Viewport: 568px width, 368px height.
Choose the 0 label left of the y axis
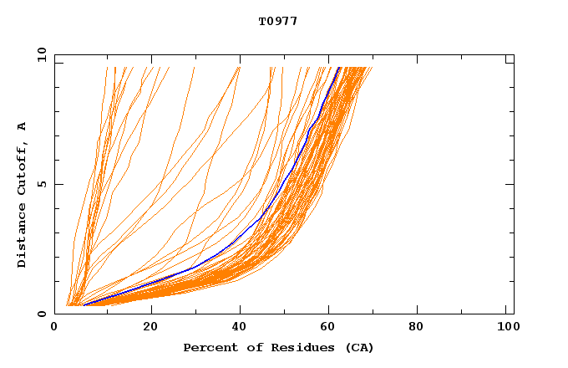pyautogui.click(x=42, y=314)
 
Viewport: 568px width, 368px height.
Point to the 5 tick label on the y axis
pyautogui.click(x=42, y=184)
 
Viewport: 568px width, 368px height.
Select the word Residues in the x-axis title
pyautogui.click(x=297, y=347)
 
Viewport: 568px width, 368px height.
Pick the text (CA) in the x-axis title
pyautogui.click(x=359, y=347)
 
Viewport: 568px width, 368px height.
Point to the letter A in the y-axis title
pyautogui.click(x=23, y=126)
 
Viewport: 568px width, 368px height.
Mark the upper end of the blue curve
pyautogui.click(x=338, y=68)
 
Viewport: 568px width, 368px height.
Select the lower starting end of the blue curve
pyautogui.click(x=84, y=305)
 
